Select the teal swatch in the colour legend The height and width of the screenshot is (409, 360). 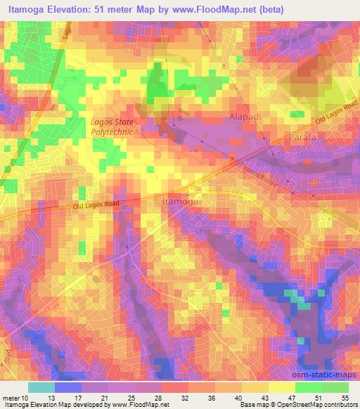click(x=41, y=387)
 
